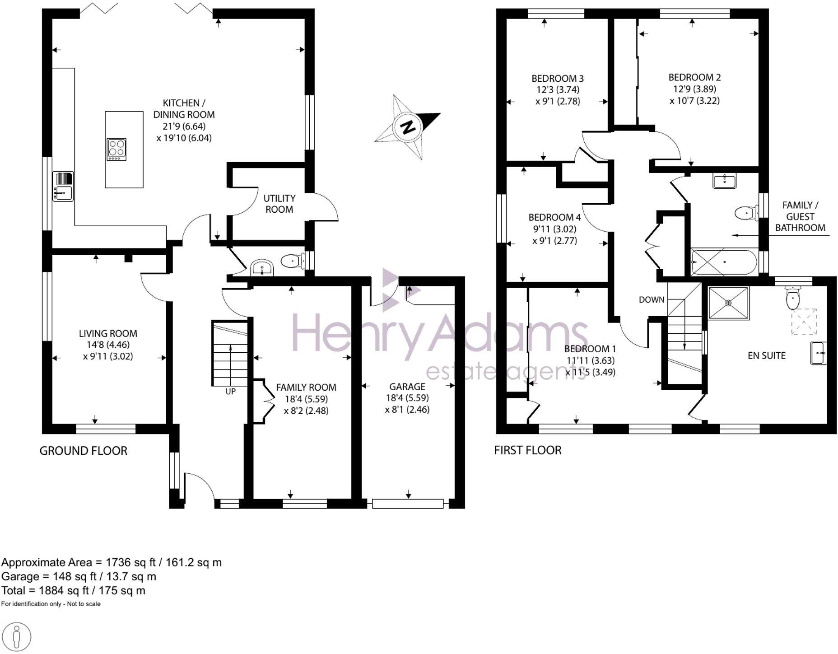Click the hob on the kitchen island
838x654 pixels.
[x=116, y=149]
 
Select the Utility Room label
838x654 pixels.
[x=279, y=204]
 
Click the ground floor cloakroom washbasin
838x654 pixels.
[x=261, y=268]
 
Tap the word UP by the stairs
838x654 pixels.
[x=230, y=391]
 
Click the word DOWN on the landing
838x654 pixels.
[x=652, y=299]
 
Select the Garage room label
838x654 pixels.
[x=407, y=387]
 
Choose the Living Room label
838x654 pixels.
[x=108, y=333]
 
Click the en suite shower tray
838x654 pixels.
[x=728, y=303]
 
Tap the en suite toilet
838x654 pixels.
[x=792, y=298]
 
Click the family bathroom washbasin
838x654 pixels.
[x=725, y=181]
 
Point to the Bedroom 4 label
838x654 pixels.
[x=554, y=217]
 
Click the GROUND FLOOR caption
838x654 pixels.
[x=84, y=451]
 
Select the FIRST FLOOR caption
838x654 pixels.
[x=528, y=450]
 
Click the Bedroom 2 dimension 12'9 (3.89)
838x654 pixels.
[x=694, y=89]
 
